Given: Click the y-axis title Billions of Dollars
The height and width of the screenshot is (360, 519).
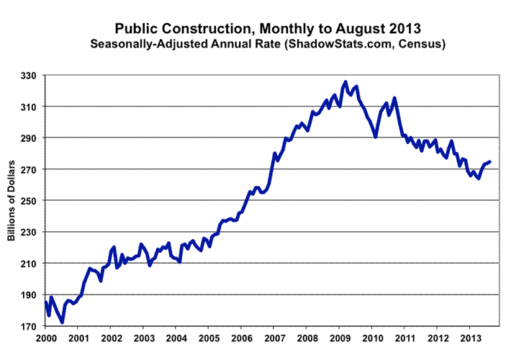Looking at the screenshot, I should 12,201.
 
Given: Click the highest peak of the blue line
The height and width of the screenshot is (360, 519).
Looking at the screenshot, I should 346,82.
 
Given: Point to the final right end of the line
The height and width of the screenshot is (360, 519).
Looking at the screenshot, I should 490,162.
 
